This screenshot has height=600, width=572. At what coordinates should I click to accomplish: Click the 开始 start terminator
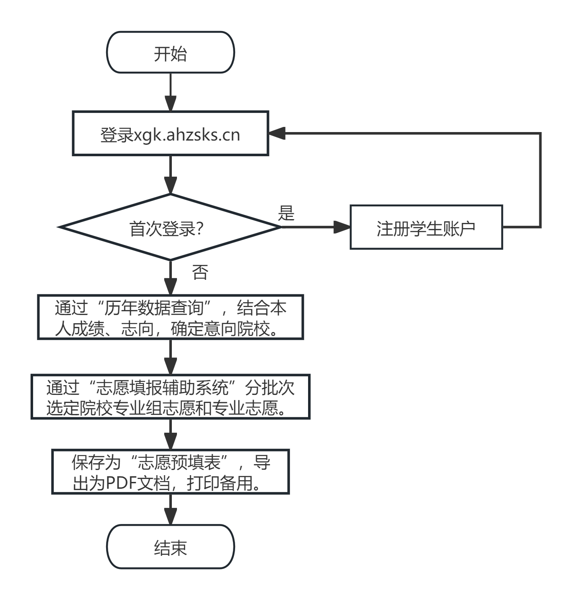170,53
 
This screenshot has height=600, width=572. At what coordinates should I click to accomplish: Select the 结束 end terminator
170,547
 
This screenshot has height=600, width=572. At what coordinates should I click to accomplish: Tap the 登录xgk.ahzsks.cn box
170,134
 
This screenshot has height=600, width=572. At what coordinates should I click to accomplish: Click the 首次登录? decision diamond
170,227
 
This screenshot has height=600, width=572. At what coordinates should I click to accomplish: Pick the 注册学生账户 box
426,228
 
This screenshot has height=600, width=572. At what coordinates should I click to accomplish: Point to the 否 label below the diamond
200,272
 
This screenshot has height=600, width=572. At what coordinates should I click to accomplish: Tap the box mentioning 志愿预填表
170,472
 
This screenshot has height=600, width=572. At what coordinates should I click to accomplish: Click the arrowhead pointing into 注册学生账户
342,227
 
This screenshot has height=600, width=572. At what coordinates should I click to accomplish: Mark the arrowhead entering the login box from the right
277,133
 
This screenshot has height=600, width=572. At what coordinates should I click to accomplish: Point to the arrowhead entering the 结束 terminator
170,516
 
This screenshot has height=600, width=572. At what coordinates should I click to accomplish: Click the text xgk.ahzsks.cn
187,135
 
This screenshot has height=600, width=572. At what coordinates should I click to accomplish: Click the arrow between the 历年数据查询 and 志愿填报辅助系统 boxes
170,357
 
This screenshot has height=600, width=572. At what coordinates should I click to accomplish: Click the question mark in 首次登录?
200,229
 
